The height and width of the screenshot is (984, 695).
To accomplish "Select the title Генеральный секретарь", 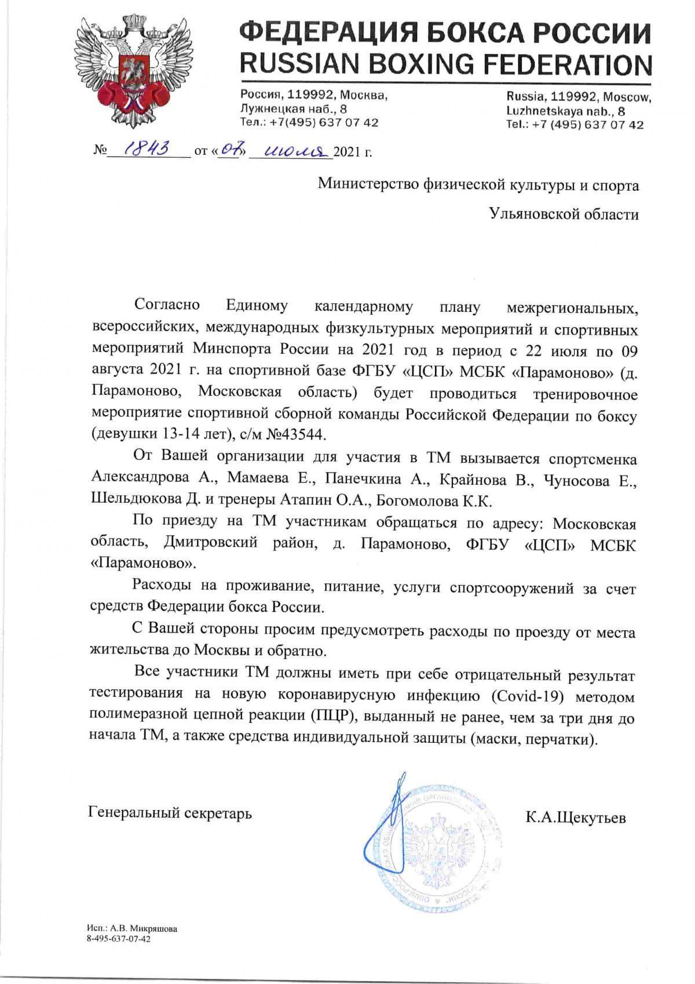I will pos(170,812).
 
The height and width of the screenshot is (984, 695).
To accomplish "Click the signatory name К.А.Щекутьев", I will pos(576,817).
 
